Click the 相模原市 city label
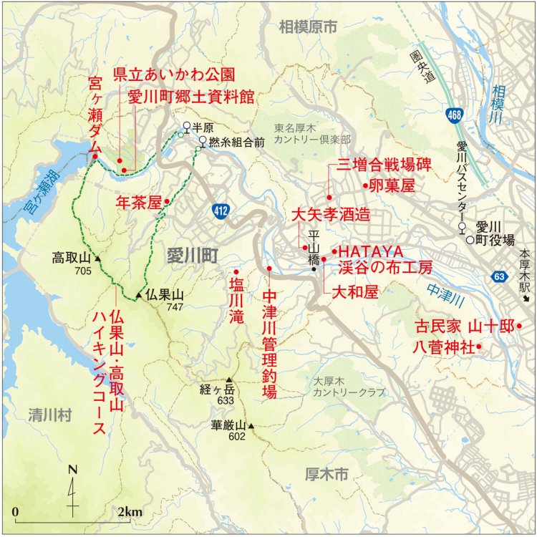click(308, 28)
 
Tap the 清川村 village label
click(47, 415)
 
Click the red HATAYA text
click(371, 252)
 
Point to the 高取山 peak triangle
click(97, 258)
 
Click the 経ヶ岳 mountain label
click(217, 390)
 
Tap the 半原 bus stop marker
click(186, 126)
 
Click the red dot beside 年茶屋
click(166, 202)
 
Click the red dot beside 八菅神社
click(478, 347)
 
